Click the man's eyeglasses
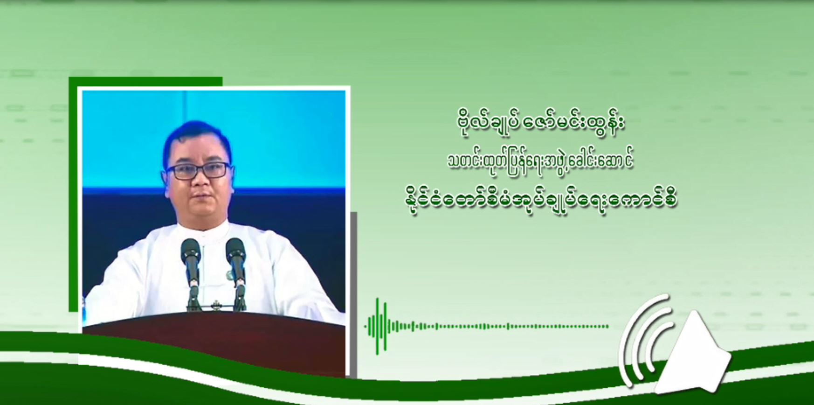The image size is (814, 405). click(198, 170)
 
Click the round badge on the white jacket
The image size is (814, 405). click(230, 275)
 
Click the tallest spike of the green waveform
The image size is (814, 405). click(378, 326)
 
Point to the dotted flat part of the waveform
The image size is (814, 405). click(513, 326)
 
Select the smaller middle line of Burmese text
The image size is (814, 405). click(541, 161)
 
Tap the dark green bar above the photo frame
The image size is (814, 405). click(145, 81)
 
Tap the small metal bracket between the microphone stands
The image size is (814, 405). click(215, 306)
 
